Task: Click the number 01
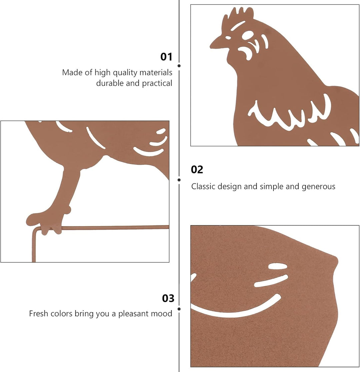coord(166,57)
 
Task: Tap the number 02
coord(197,170)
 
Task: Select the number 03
coord(168,298)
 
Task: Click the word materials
coord(156,72)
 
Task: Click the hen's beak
coord(217,43)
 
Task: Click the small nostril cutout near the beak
coord(228,37)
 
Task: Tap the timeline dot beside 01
coord(179,66)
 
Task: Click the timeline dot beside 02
coord(179,180)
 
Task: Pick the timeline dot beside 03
coord(179,309)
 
